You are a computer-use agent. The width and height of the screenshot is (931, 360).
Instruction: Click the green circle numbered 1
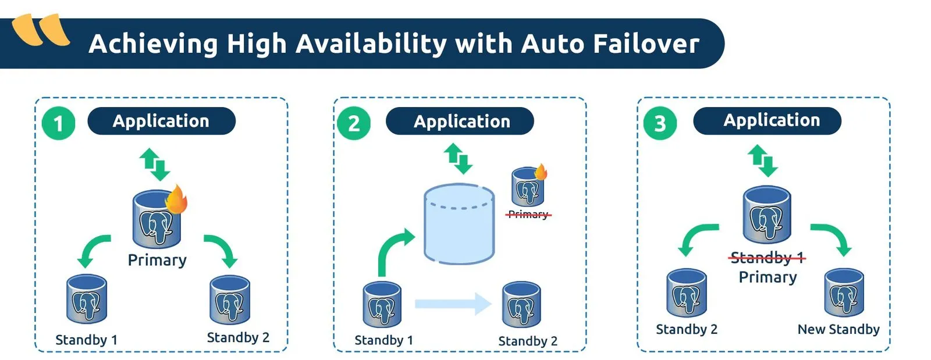point(58,123)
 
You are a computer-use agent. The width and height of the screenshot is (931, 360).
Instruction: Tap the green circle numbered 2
point(354,123)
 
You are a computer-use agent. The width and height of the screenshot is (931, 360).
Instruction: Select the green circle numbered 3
point(660,123)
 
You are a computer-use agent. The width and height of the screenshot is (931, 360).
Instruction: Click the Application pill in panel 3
point(767,120)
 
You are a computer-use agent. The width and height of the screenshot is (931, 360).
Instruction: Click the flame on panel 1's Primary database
point(176,200)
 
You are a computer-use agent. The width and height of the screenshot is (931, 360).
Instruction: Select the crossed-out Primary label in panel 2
point(528,215)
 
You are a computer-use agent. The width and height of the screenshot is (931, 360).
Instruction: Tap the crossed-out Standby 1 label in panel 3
point(767,258)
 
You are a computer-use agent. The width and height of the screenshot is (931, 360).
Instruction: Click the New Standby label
point(838,329)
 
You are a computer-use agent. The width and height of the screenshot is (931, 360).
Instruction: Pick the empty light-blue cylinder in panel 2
point(459,224)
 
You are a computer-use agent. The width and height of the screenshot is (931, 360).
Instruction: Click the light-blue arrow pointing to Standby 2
point(453,304)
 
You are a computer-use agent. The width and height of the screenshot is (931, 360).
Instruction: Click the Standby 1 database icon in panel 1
point(87,298)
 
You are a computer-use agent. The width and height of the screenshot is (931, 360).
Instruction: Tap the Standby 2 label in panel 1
point(238,338)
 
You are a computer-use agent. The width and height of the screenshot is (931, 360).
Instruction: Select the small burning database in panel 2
point(528,187)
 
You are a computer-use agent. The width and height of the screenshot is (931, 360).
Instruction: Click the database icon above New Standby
point(844,293)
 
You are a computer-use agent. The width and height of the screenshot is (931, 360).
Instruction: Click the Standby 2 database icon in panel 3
point(686,293)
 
